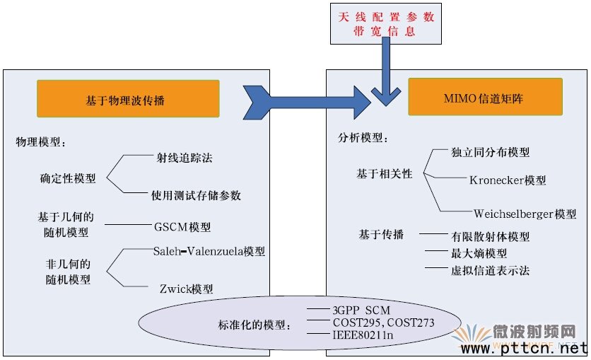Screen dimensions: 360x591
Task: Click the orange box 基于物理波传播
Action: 128,99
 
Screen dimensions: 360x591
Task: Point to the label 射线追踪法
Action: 185,158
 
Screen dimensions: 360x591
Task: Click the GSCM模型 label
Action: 182,227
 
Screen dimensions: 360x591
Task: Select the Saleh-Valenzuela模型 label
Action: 209,251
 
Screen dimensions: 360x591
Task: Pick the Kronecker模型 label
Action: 508,180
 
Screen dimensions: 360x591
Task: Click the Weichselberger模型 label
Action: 525,214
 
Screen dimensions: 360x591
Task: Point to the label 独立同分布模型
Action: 490,152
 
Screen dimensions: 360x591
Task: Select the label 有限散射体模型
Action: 490,237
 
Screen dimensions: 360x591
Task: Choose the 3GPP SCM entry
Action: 361,310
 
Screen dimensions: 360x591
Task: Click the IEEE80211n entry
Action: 363,335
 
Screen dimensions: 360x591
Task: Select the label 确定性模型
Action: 68,178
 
